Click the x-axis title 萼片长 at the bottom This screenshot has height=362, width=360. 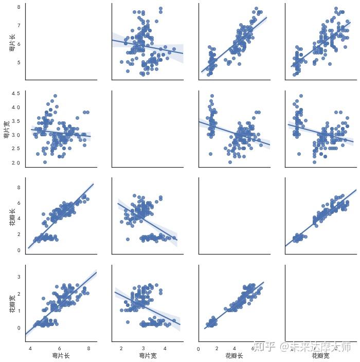tap(60, 355)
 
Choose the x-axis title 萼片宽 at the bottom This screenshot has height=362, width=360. tap(147, 355)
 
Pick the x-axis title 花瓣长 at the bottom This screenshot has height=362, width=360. tap(234, 355)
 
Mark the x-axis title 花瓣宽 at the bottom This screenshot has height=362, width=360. tap(321, 355)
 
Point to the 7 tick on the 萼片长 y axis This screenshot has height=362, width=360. tap(19, 25)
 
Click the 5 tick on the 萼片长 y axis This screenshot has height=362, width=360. tap(19, 63)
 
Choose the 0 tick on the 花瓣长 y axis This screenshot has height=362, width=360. tap(19, 250)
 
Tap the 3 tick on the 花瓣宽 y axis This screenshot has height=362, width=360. tap(19, 277)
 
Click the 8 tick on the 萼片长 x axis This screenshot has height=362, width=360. tap(89, 348)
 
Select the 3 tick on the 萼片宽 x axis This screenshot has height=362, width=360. tap(143, 348)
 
